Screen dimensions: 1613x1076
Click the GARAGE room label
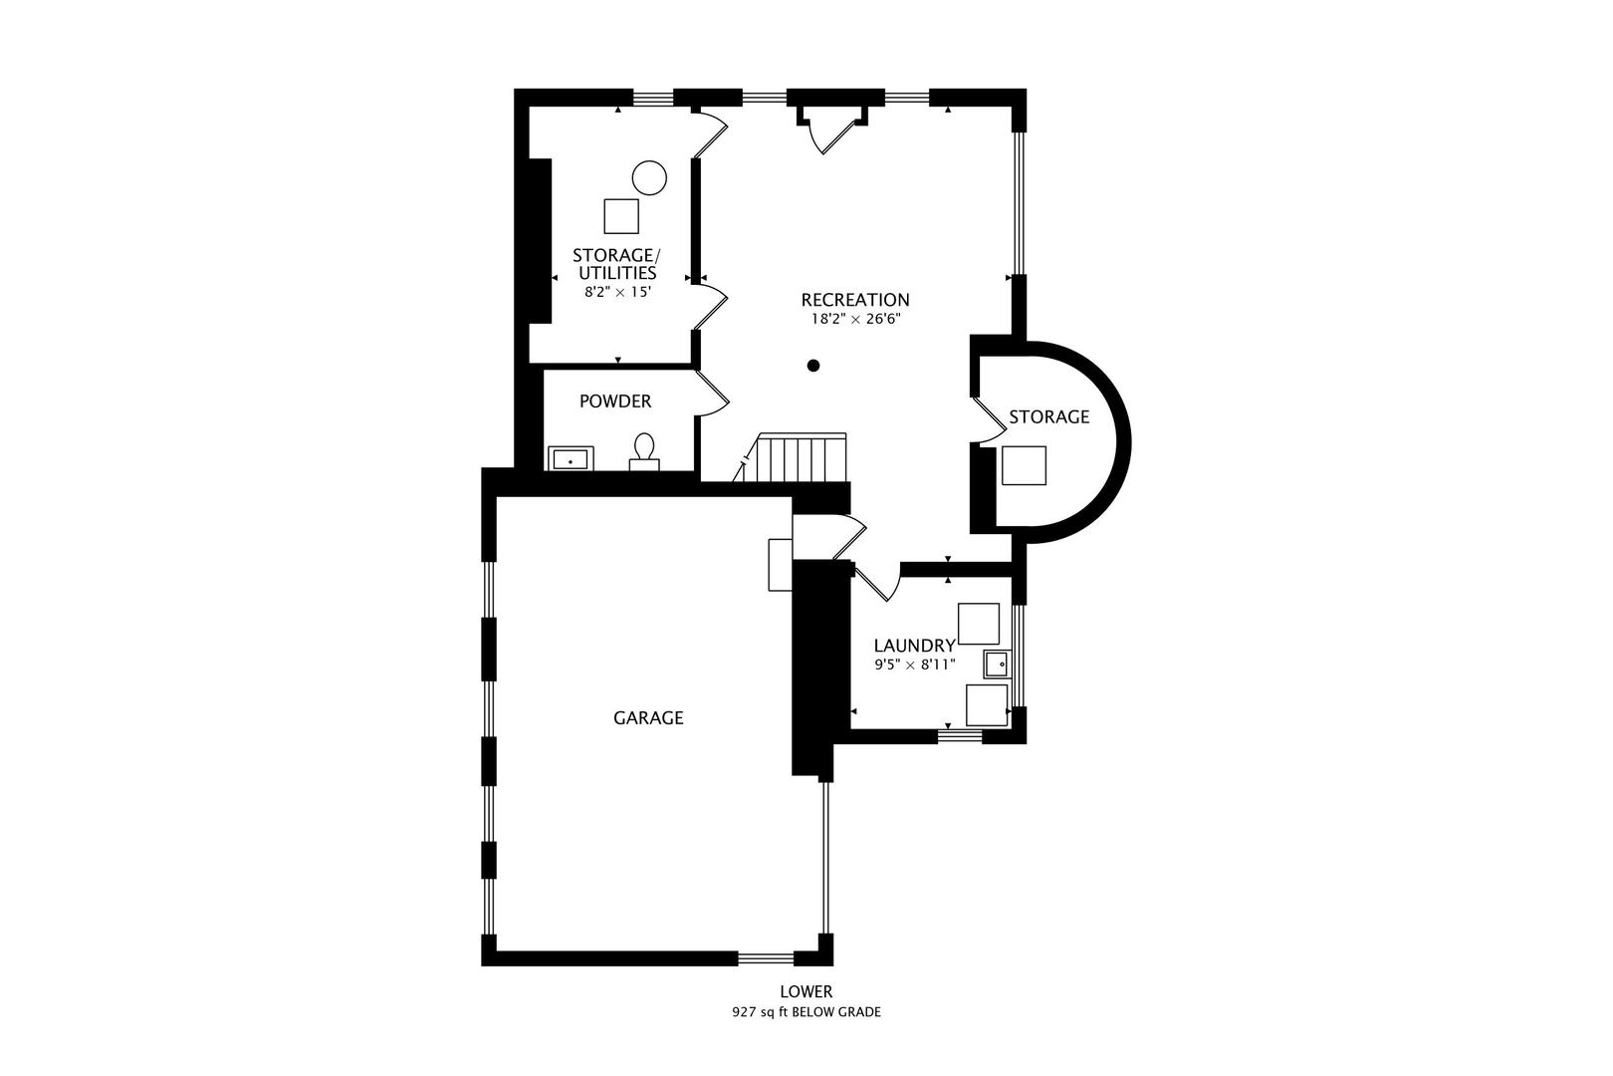[x=648, y=717]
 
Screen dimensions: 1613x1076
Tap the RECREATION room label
[x=855, y=300]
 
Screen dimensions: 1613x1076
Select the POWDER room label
[x=615, y=402]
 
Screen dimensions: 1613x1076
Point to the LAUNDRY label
[x=914, y=646]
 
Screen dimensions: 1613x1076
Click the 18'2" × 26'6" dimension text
[x=856, y=319]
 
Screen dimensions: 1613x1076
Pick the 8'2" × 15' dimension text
[x=618, y=292]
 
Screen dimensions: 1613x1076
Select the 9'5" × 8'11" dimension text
[x=914, y=665]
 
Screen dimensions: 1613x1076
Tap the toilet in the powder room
[x=644, y=452]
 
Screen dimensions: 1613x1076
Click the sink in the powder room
[x=571, y=458]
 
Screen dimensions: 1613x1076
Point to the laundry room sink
[x=998, y=664]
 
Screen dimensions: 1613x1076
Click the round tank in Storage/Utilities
[x=649, y=177]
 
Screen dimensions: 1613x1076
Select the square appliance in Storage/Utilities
[x=621, y=216]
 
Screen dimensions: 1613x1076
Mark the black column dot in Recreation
[x=813, y=366]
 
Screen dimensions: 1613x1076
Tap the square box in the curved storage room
[x=1024, y=465]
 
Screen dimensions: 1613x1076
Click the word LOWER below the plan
[x=806, y=992]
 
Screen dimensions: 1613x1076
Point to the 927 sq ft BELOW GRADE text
[x=806, y=1012]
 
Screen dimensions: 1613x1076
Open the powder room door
[x=713, y=394]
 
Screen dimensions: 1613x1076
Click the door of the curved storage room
[x=988, y=419]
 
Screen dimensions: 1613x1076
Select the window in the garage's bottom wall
[x=767, y=958]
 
